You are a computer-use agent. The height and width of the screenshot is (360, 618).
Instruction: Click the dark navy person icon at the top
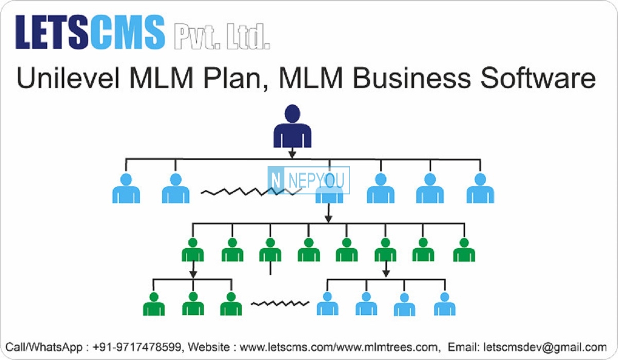pos(292,125)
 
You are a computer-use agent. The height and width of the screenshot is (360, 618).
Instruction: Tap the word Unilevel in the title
pos(68,78)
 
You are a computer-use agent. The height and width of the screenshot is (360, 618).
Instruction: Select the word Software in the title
pos(538,78)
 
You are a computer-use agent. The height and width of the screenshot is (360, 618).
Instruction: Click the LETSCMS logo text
pos(90,32)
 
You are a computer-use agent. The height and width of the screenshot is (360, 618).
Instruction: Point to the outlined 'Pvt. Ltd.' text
pos(222,37)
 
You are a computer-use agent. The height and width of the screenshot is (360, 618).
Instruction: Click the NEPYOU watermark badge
pos(308,181)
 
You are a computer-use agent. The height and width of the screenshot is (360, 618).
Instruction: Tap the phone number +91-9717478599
pos(137,347)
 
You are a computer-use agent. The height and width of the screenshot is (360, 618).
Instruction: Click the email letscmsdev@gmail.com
pos(545,347)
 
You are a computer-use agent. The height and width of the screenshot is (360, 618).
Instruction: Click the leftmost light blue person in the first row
pos(126,188)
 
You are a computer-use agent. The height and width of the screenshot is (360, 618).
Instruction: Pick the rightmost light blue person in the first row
pos(480,188)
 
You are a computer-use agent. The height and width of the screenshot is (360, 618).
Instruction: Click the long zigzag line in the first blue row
pos(251,191)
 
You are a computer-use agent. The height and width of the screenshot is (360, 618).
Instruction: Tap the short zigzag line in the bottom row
pos(280,303)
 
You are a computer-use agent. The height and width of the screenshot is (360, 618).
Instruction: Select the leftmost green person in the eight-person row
pos(192,250)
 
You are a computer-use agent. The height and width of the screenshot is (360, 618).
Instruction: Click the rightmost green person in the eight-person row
pos(464,250)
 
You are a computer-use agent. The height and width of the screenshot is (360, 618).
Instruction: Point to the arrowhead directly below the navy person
pos(292,155)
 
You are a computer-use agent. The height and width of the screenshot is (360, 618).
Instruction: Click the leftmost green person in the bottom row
pos(154,304)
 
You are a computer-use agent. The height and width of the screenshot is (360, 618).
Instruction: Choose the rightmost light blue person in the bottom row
pos(445,304)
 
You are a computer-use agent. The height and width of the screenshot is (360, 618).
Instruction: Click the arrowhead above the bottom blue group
pos(386,274)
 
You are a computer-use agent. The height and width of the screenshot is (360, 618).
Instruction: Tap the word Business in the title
pos(412,78)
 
